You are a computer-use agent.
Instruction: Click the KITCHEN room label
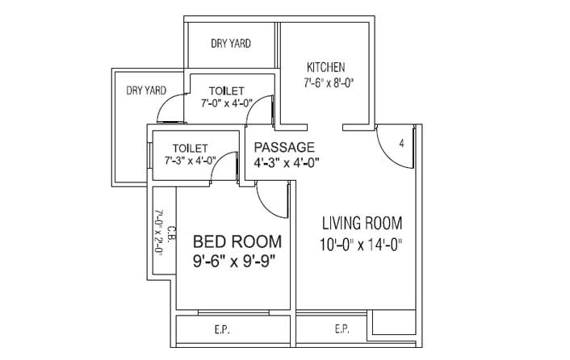[x=325, y=67]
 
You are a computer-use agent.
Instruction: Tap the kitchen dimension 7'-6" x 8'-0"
[x=329, y=83]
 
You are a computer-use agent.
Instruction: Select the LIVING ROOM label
[x=362, y=223]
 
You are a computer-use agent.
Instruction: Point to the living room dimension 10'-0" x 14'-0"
[x=361, y=245]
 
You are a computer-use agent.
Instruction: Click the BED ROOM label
[x=237, y=241]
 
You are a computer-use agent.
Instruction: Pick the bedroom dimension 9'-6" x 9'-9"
[x=234, y=261]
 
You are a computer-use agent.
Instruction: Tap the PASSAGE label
[x=284, y=147]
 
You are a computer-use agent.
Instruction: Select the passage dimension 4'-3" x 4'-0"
[x=286, y=163]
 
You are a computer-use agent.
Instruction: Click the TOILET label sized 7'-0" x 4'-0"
[x=227, y=90]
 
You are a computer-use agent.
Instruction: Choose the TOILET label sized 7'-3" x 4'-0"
[x=190, y=149]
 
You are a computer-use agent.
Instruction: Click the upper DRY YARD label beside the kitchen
[x=231, y=44]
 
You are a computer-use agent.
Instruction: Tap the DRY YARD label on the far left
[x=146, y=90]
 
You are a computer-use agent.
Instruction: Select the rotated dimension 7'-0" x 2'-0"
[x=158, y=232]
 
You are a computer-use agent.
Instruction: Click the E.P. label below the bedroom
[x=222, y=330]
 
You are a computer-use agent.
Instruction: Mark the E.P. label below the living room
[x=342, y=329]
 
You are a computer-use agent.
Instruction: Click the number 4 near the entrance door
[x=401, y=144]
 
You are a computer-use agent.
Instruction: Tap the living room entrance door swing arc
[x=388, y=157]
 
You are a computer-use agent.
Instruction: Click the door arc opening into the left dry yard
[x=164, y=103]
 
